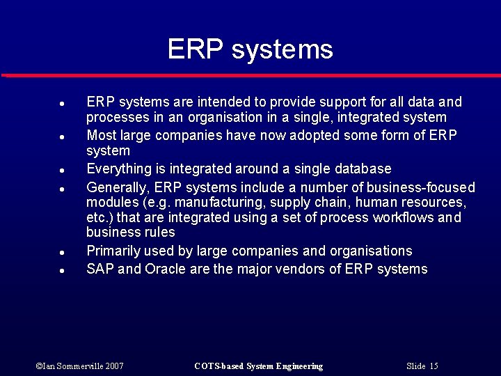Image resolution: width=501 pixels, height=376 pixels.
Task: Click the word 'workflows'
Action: (401, 217)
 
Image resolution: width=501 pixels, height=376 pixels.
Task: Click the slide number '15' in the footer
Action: (434, 366)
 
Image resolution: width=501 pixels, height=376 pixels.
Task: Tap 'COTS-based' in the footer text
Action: (218, 366)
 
